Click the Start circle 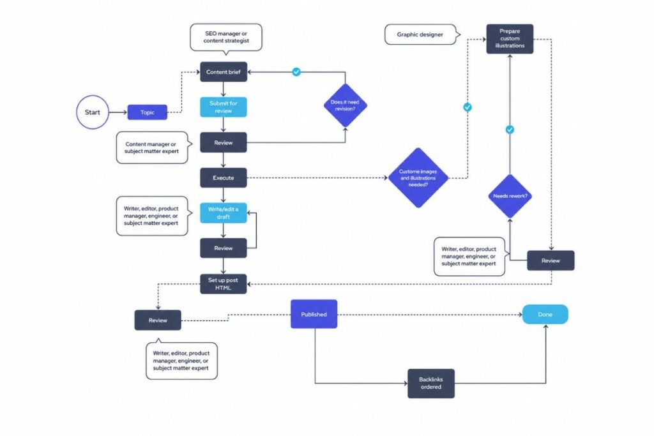[93, 112]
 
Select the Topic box [147, 112]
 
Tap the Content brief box [224, 72]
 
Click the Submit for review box [224, 107]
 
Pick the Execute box [224, 177]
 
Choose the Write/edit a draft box [224, 213]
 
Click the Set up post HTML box [224, 283]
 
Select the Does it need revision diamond [345, 105]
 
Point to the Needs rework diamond [510, 196]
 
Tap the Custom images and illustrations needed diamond [418, 177]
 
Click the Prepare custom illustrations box [510, 39]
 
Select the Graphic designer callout [422, 34]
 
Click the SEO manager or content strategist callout [226, 37]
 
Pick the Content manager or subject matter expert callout [153, 147]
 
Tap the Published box [314, 314]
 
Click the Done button [545, 314]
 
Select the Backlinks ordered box [431, 383]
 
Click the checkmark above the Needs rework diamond [510, 130]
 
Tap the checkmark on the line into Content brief [296, 72]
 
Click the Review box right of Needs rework [551, 260]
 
